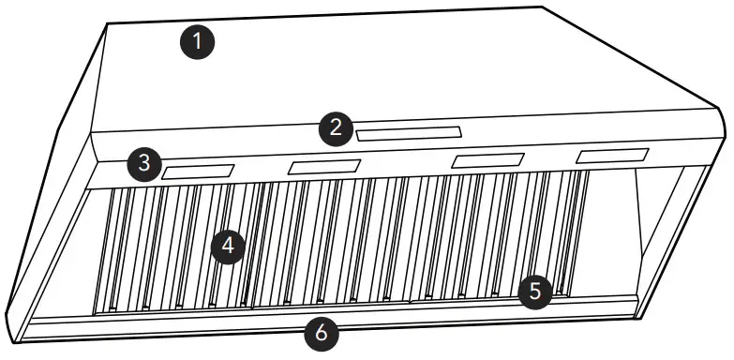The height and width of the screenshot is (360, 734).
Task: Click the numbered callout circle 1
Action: point(198,41)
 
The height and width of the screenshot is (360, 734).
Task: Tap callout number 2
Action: point(336,128)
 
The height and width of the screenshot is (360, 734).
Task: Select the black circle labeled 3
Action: point(143,162)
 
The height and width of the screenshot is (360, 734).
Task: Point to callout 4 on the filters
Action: point(228,247)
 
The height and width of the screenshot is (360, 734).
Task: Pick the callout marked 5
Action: point(534,290)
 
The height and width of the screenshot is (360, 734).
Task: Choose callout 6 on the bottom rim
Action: point(322,332)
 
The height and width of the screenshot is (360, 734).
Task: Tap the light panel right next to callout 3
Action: point(198,172)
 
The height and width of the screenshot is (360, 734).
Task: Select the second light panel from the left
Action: point(324,167)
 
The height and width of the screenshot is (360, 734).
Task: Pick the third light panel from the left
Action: point(487,160)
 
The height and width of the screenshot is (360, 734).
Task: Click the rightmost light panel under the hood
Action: point(612,156)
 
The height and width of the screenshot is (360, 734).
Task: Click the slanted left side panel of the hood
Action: point(52,206)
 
